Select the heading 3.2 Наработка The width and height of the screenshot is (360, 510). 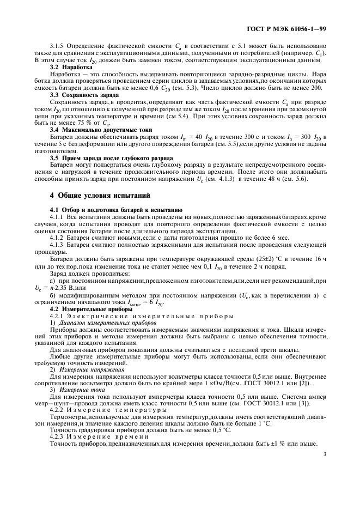71,66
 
